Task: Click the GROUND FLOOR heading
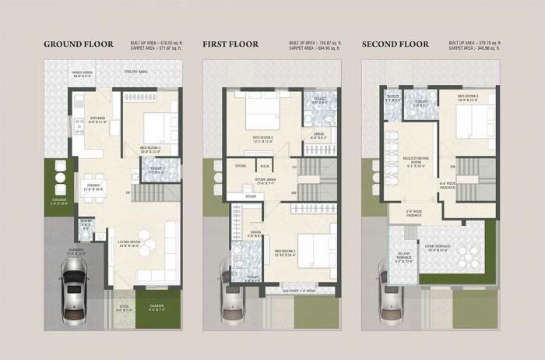pyautogui.click(x=78, y=44)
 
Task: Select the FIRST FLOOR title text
pyautogui.click(x=230, y=44)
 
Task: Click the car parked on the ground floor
pyautogui.click(x=74, y=285)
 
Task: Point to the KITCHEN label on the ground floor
pyautogui.click(x=97, y=119)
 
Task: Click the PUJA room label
pyautogui.click(x=265, y=166)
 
